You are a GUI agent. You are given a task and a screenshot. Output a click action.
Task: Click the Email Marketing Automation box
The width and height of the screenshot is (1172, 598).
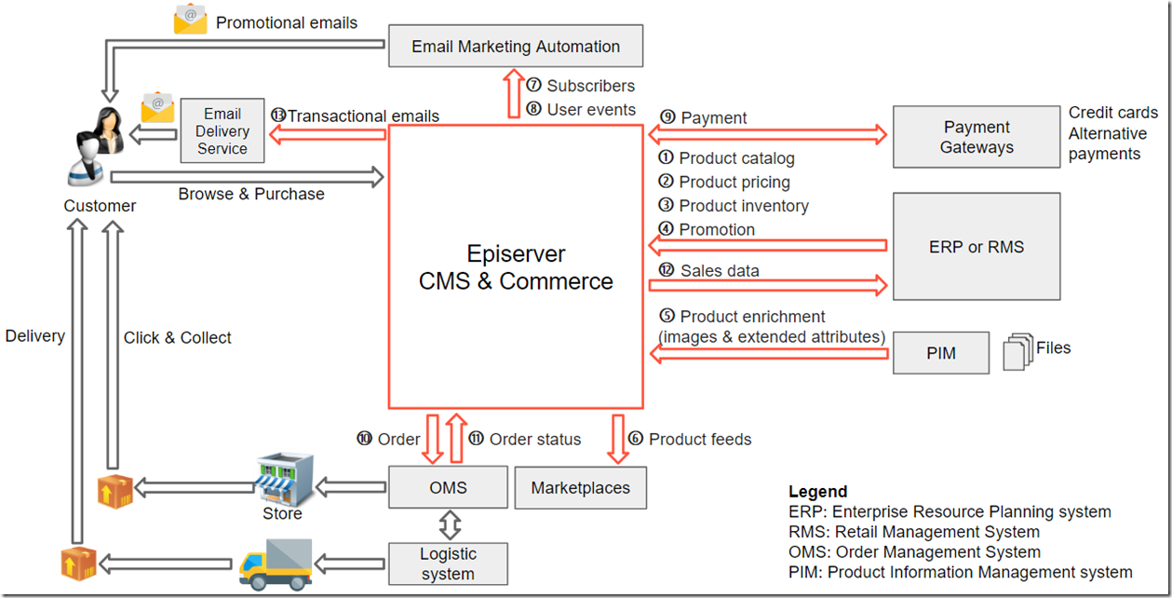point(515,47)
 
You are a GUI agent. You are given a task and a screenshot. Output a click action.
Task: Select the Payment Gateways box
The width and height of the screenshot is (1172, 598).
point(976,137)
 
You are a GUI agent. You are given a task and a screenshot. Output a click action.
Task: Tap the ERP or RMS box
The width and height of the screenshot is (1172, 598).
point(976,247)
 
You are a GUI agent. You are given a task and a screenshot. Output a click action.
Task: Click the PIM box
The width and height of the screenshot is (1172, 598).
point(940,353)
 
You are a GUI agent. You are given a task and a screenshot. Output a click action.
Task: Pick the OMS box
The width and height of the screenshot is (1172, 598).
point(449,487)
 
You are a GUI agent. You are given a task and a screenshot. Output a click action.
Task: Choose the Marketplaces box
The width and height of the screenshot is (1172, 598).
point(580,487)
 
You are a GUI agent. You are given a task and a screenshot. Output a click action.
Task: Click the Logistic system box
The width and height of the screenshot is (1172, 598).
point(449,564)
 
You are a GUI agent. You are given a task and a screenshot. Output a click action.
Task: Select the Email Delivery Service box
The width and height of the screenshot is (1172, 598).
point(222,131)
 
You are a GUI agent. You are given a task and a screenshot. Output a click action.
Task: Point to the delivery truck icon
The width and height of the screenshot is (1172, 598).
point(276,564)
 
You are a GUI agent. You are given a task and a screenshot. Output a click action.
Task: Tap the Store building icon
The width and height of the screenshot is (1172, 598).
point(284,479)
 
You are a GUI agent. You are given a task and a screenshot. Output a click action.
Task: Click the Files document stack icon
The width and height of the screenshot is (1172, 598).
point(1017,353)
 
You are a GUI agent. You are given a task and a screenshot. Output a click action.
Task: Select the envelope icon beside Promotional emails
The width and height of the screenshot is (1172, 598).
point(190,20)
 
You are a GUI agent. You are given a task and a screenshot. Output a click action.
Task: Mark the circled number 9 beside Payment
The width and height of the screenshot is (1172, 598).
point(667,117)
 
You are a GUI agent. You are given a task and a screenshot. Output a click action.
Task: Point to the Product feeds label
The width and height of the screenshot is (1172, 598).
point(700,439)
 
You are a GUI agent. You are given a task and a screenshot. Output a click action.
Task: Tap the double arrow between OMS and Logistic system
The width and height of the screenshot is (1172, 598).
point(450,525)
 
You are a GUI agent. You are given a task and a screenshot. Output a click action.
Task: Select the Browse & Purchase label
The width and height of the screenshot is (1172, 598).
point(251,194)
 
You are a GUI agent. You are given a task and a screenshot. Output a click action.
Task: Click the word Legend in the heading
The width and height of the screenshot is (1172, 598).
point(817,492)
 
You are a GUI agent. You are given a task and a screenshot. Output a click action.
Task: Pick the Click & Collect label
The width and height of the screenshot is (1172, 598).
point(177,338)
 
